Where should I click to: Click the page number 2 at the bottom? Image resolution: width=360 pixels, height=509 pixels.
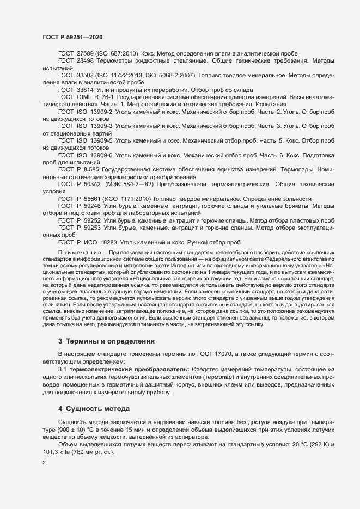coord(44,463)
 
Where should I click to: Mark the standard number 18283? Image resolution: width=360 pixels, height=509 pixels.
coord(118,242)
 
